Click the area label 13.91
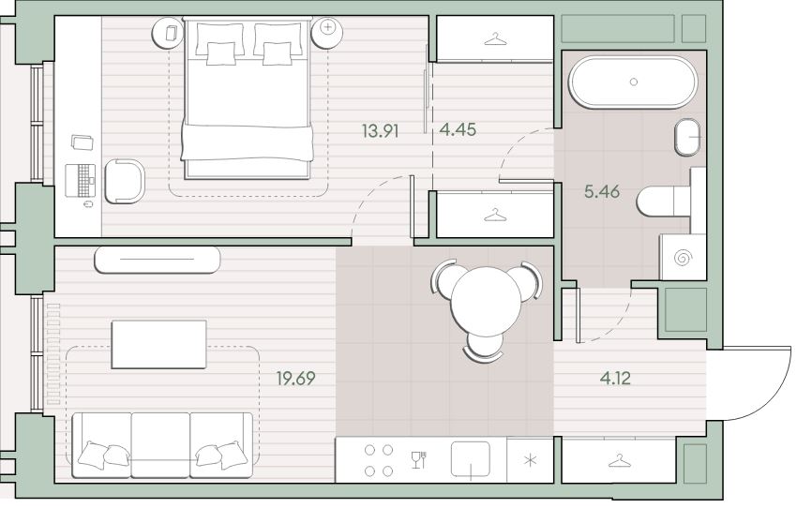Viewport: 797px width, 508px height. [x=380, y=131]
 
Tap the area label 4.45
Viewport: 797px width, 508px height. [x=458, y=129]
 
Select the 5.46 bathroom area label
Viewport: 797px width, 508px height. [x=602, y=191]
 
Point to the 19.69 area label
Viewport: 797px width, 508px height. [x=295, y=378]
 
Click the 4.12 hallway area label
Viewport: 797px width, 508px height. [x=615, y=378]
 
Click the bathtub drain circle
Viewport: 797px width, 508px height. [x=633, y=82]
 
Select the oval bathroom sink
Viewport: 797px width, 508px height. [x=687, y=137]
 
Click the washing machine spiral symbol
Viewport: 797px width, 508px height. [x=682, y=258]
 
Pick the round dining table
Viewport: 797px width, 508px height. [x=486, y=301]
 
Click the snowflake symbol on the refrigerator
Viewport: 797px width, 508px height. [x=530, y=461]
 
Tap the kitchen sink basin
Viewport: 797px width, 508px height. [x=470, y=458]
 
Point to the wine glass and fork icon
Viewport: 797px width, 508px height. [x=418, y=460]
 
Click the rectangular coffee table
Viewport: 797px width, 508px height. [x=159, y=344]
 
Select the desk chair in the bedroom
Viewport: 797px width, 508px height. [x=125, y=181]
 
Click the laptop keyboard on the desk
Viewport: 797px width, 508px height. [x=81, y=180]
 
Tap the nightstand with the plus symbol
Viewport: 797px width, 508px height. [x=328, y=32]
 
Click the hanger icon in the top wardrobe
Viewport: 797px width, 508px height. [x=496, y=38]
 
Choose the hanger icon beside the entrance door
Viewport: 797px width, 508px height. [x=619, y=461]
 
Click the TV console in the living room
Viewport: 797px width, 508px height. [x=158, y=260]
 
